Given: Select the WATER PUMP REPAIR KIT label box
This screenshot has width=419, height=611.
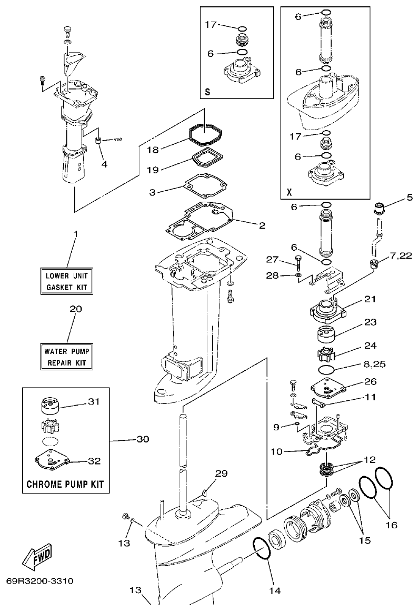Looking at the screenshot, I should (x=67, y=357).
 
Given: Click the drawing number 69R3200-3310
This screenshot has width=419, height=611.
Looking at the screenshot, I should (x=40, y=582).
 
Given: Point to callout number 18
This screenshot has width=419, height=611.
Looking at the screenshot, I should (x=152, y=150).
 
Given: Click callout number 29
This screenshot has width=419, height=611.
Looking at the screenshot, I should (x=221, y=474).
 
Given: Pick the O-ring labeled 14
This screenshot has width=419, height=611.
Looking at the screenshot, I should (x=262, y=549).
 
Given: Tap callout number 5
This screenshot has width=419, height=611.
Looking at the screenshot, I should (x=410, y=199).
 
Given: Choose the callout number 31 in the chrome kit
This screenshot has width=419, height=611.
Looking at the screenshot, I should (x=93, y=401).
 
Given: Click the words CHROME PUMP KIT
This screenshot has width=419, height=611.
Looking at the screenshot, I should (x=66, y=483).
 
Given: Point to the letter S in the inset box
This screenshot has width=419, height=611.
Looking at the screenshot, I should (x=207, y=92).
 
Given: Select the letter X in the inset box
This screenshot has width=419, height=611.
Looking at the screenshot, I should (x=289, y=192).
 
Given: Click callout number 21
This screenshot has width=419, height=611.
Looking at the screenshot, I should (x=370, y=299).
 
